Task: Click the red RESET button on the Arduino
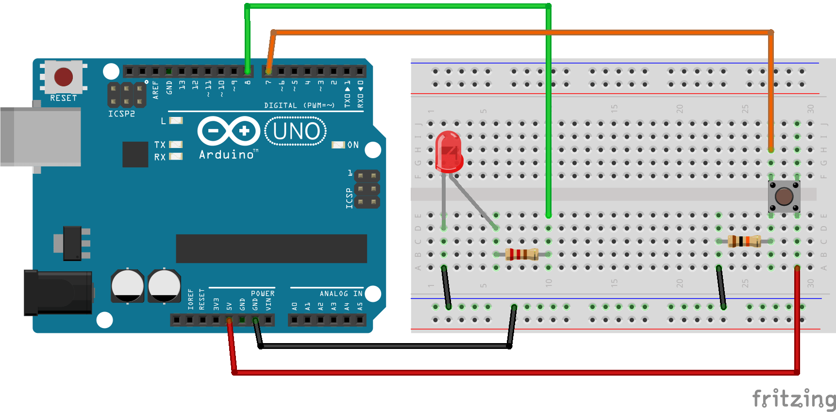tap(64, 77)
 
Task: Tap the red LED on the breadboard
tap(448, 152)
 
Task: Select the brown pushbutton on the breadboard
tap(784, 197)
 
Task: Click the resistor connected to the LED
tap(522, 254)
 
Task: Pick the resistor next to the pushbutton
tap(744, 241)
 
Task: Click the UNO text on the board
tap(296, 132)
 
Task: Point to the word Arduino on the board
tap(227, 155)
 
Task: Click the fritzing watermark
tap(794, 399)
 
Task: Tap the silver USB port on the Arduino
tap(41, 136)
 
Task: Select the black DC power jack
tap(58, 293)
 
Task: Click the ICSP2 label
tap(121, 114)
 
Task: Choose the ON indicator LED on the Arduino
tap(338, 145)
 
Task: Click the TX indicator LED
tap(175, 145)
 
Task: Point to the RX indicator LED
tap(175, 157)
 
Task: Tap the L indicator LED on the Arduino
tap(176, 120)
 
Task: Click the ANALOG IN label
tap(341, 294)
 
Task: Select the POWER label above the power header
tap(263, 294)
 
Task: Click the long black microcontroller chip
tap(271, 248)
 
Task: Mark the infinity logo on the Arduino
tap(229, 131)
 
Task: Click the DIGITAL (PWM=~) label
tap(299, 105)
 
